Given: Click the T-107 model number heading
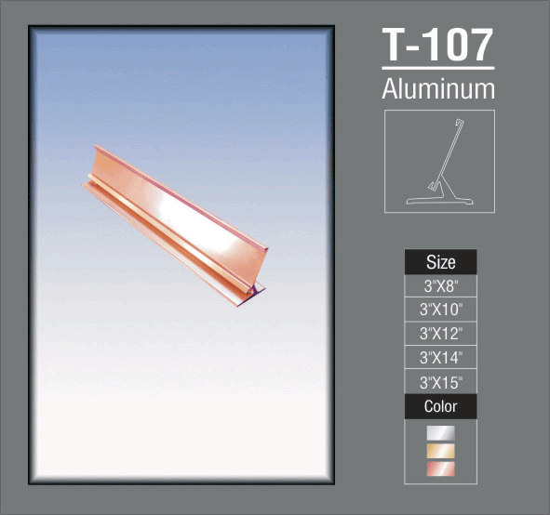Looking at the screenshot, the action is click(437, 45).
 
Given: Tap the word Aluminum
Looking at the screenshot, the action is click(438, 89).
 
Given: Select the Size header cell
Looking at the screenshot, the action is click(440, 262).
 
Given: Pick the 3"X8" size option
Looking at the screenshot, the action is click(440, 286).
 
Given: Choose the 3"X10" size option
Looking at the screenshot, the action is click(440, 310).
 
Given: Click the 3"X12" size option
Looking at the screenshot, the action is click(440, 334).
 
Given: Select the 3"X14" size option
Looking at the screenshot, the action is click(440, 357).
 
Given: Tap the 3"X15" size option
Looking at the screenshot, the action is click(440, 382).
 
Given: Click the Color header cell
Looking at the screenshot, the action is click(440, 406).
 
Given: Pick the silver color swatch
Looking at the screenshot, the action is click(440, 433).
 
